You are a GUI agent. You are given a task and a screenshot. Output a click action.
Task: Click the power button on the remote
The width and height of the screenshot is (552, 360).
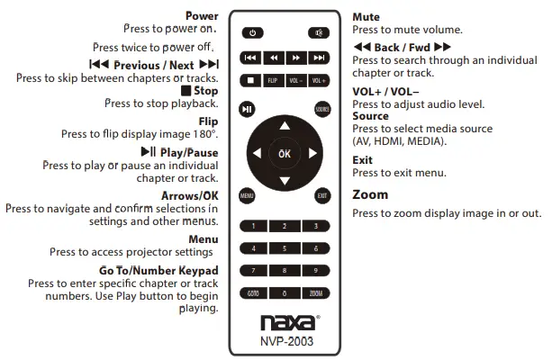[x=253, y=33]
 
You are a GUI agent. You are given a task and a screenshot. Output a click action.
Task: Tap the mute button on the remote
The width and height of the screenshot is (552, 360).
[x=317, y=33]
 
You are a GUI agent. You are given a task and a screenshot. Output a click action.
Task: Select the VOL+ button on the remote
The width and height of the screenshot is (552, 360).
[x=318, y=81]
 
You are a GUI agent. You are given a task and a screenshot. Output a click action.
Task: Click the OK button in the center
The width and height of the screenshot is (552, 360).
[x=285, y=154]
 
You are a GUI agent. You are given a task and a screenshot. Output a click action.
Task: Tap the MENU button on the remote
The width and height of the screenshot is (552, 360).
[x=246, y=195]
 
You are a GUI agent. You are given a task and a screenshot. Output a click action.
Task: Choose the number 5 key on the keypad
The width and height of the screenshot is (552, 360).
[x=285, y=247]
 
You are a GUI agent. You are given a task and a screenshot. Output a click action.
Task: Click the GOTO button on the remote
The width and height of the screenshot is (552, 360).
[x=254, y=292]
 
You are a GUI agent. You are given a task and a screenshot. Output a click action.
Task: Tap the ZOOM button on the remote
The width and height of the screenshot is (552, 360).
[x=316, y=292]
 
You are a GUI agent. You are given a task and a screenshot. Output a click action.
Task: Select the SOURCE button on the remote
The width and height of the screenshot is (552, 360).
[x=322, y=109]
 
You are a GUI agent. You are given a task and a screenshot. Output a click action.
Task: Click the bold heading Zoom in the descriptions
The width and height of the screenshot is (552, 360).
[x=370, y=194]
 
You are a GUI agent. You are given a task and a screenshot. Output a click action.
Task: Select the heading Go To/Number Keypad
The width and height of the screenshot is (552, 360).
[x=158, y=270]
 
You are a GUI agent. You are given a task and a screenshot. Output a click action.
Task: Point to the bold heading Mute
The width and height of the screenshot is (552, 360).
[x=366, y=17]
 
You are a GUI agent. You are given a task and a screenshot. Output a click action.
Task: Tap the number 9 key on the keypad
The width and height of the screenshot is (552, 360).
[x=316, y=270]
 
